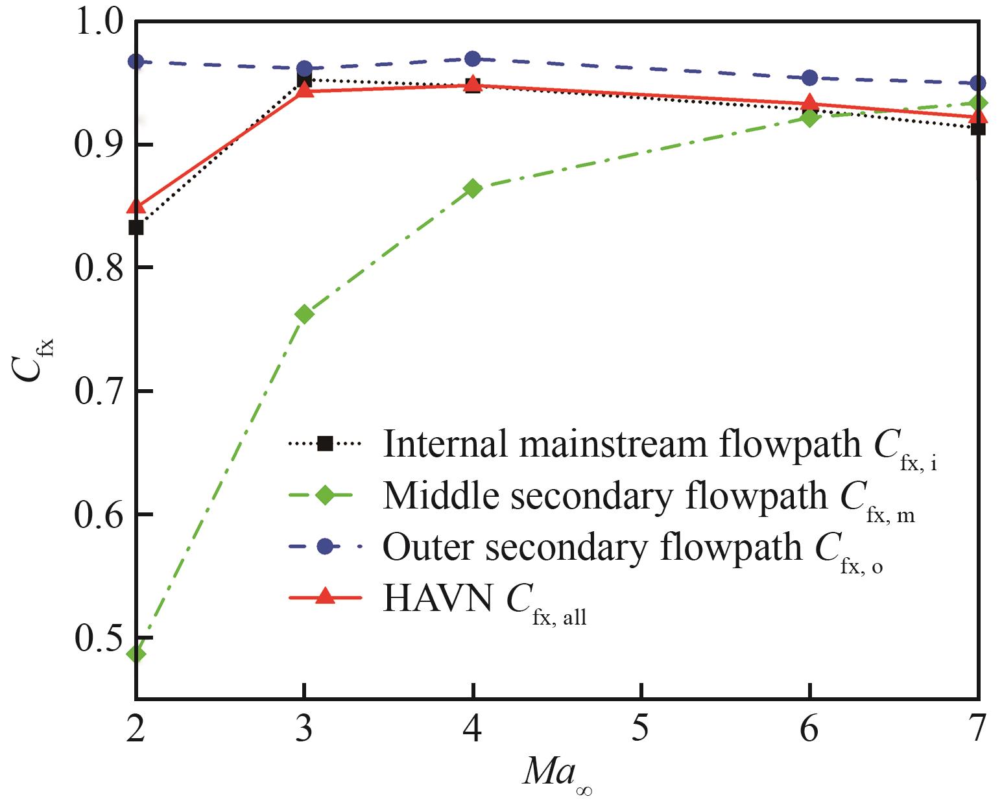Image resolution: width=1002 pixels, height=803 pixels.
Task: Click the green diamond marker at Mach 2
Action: pos(136,653)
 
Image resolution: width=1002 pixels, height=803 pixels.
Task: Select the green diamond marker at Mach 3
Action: pos(304,314)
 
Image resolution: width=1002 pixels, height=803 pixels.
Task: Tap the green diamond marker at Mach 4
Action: pos(473,189)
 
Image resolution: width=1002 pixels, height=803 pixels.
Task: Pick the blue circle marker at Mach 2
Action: pos(136,62)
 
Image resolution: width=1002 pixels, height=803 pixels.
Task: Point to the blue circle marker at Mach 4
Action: pos(473,58)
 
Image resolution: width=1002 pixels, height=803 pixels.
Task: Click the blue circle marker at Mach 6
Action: pos(809,78)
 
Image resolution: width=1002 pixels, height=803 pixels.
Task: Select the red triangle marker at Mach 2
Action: pos(136,207)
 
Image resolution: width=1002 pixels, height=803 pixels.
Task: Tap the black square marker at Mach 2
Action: pos(136,228)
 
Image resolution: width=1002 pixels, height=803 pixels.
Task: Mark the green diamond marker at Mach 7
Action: pos(977,103)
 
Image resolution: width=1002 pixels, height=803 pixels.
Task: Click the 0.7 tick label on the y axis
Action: pos(97,392)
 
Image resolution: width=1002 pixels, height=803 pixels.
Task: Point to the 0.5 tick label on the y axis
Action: pos(97,638)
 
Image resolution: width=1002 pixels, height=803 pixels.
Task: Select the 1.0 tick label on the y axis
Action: pos(97,23)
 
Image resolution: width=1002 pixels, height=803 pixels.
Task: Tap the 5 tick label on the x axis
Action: pos(641,729)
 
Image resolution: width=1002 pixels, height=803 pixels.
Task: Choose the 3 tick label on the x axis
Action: pos(304,729)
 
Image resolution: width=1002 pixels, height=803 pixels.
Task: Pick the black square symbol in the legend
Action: pos(324,444)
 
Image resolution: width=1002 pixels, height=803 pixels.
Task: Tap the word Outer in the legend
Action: pos(429,548)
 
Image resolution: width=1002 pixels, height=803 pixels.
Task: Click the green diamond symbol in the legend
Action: pos(324,496)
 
